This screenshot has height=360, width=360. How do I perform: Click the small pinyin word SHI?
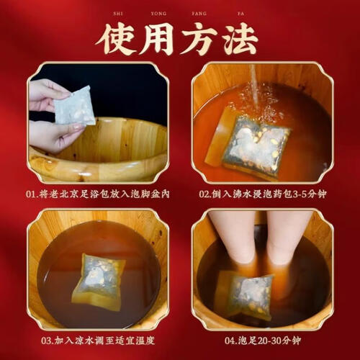[x=118, y=14]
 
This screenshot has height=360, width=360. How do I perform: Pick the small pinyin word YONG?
[x=158, y=14]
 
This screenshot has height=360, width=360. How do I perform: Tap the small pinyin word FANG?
[x=199, y=14]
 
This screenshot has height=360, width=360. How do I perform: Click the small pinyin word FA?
[x=240, y=14]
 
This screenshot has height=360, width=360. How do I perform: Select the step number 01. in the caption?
[x=32, y=194]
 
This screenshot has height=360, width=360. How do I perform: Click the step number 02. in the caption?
[x=205, y=194]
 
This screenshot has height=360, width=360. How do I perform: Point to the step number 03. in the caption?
[x=48, y=341]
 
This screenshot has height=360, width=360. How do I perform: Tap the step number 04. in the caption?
[x=231, y=341]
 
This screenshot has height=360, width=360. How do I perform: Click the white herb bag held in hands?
[x=74, y=106]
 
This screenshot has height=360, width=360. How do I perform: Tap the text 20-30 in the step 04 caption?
[x=269, y=341]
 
